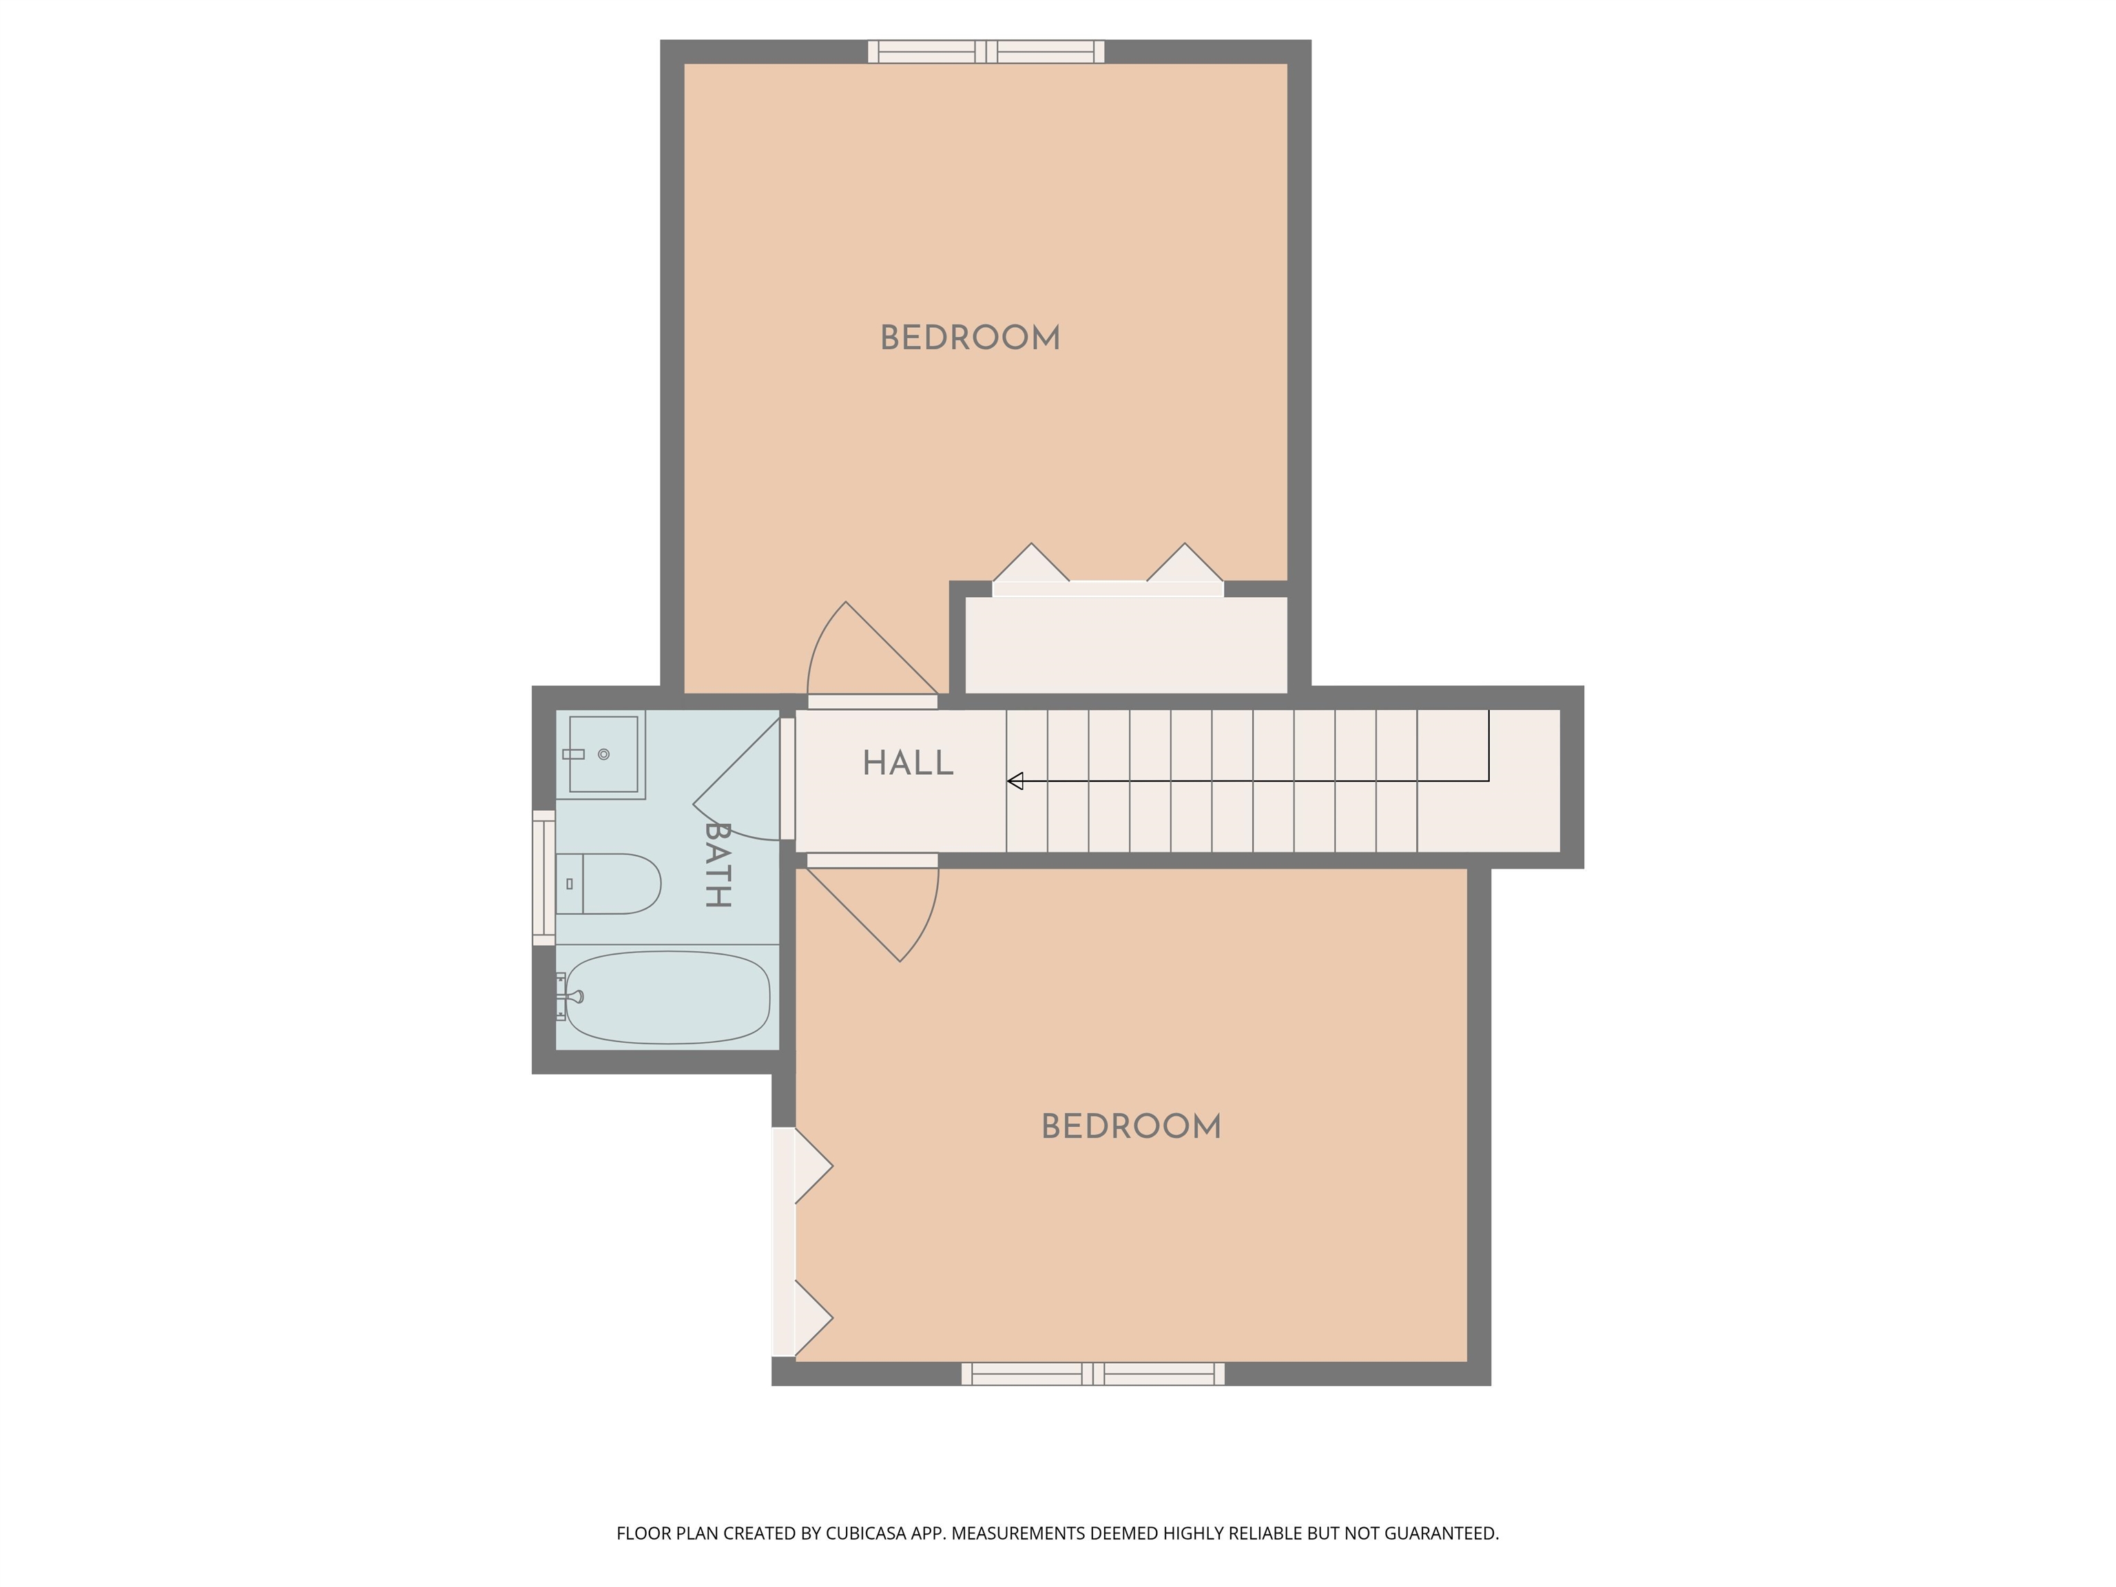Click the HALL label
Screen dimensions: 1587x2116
click(907, 763)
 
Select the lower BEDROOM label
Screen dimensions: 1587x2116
click(1131, 1127)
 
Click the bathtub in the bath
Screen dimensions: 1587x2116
click(667, 997)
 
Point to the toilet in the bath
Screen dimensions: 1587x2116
click(612, 884)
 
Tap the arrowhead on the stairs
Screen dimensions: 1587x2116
click(1015, 782)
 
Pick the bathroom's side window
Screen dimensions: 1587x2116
click(543, 878)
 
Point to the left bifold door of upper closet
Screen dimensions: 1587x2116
click(1030, 566)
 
